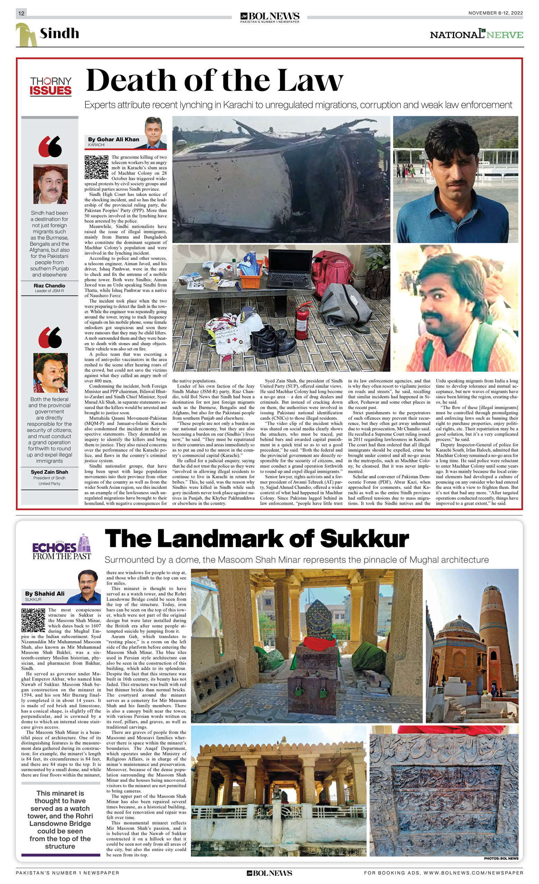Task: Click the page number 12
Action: tap(21, 13)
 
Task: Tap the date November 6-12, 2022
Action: tap(495, 13)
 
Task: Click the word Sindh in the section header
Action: tap(59, 34)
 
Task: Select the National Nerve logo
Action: tap(476, 35)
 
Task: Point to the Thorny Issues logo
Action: tap(50, 86)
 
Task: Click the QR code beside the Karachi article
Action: tap(96, 167)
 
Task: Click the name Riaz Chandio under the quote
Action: tap(49, 286)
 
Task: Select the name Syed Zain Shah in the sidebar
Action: tap(49, 472)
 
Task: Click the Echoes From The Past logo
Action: tap(62, 547)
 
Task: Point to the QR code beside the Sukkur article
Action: tap(34, 620)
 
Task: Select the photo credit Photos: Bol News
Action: tap(501, 858)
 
